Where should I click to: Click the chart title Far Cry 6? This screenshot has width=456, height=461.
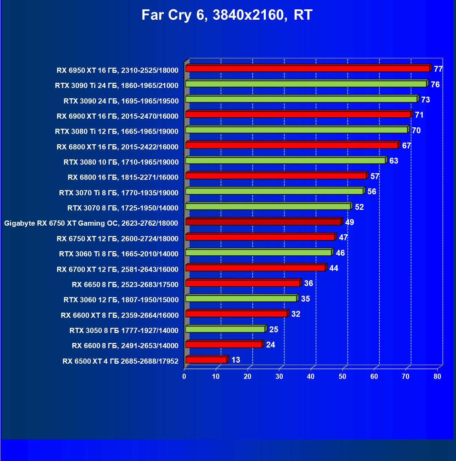pos(227,15)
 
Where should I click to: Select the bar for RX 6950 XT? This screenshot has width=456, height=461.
pos(307,69)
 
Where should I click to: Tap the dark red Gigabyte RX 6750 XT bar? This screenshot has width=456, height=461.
pos(263,222)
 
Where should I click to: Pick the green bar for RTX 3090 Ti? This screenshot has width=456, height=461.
pos(306,84)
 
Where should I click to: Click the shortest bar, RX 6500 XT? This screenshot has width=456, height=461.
pos(206,360)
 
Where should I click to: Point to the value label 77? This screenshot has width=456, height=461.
pos(438,69)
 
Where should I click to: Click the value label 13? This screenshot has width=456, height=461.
pos(235,360)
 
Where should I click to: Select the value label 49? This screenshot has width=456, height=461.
pos(349,222)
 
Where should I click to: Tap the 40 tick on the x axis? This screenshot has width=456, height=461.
pos(311,376)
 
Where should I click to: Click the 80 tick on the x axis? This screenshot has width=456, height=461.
pos(437,376)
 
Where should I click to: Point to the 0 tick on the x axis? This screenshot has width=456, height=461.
pos(184,376)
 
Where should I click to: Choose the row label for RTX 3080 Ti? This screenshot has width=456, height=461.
pos(117,131)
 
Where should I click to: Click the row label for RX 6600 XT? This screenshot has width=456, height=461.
pos(119,315)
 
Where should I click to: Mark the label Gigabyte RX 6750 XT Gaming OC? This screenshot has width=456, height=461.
pos(91,223)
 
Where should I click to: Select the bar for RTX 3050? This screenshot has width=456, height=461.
pos(225,329)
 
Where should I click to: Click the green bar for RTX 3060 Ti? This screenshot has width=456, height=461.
pos(259,253)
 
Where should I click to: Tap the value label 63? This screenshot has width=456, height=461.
pos(394,161)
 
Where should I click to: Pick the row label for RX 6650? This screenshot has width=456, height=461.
pos(125,285)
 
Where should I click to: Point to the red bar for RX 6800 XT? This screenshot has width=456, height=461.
pos(292,145)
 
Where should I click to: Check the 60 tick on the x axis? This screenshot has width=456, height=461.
pos(374,376)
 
